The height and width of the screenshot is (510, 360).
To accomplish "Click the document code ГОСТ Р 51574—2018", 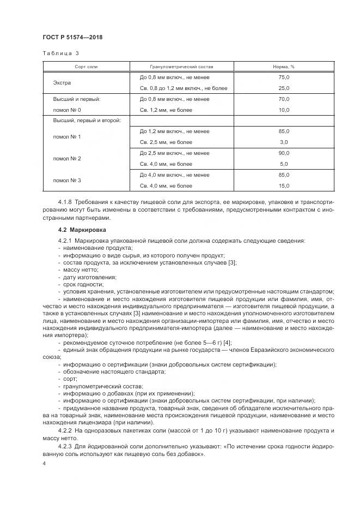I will point(72,37).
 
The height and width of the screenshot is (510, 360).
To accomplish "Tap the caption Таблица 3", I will point(60,53).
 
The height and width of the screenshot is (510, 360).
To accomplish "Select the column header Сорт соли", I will point(86,67).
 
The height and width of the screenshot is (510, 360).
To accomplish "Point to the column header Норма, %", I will point(283,67).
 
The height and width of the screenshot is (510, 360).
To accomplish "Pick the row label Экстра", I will point(62,83).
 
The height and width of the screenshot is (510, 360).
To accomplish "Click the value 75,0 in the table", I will point(283,77).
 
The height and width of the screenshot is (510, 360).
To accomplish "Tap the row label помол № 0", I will point(67,110).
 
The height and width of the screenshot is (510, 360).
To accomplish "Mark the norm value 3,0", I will point(283,142).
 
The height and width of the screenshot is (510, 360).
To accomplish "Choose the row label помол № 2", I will point(67,158).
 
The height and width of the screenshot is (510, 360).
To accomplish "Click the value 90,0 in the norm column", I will point(283,153).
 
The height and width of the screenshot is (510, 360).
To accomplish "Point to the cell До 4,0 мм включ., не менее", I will point(174,175).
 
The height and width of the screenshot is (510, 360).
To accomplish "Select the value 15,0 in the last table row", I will point(283,185).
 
